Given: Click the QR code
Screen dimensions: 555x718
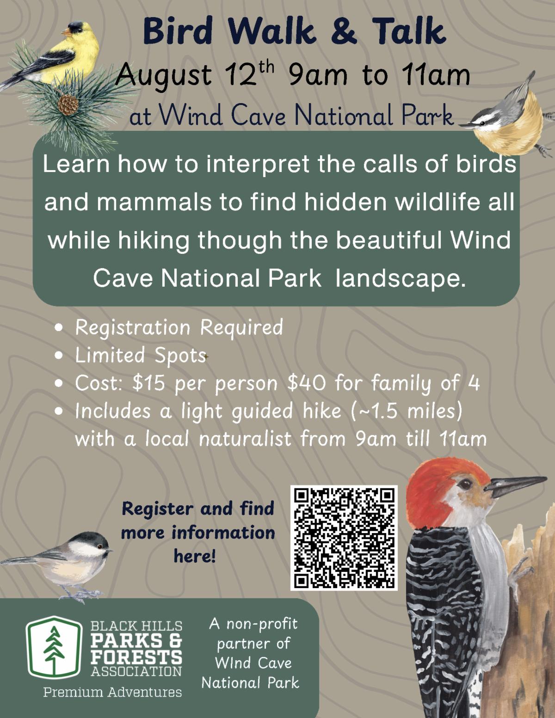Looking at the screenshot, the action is (344, 538).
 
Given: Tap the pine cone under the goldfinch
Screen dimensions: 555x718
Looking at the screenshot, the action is (68, 104).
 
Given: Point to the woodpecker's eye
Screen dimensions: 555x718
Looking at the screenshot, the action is (465, 485).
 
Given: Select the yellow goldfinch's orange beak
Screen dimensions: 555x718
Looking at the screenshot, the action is (67, 32).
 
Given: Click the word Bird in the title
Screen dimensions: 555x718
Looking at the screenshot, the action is (178, 31).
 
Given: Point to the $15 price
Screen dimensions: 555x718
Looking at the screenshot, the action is (148, 383).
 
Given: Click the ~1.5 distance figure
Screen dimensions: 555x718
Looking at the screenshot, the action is (376, 411).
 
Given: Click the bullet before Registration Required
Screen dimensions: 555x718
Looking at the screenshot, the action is (59, 328).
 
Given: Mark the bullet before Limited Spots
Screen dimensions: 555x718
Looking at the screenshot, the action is (59, 356).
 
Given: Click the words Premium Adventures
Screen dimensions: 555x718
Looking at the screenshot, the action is (112, 692).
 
